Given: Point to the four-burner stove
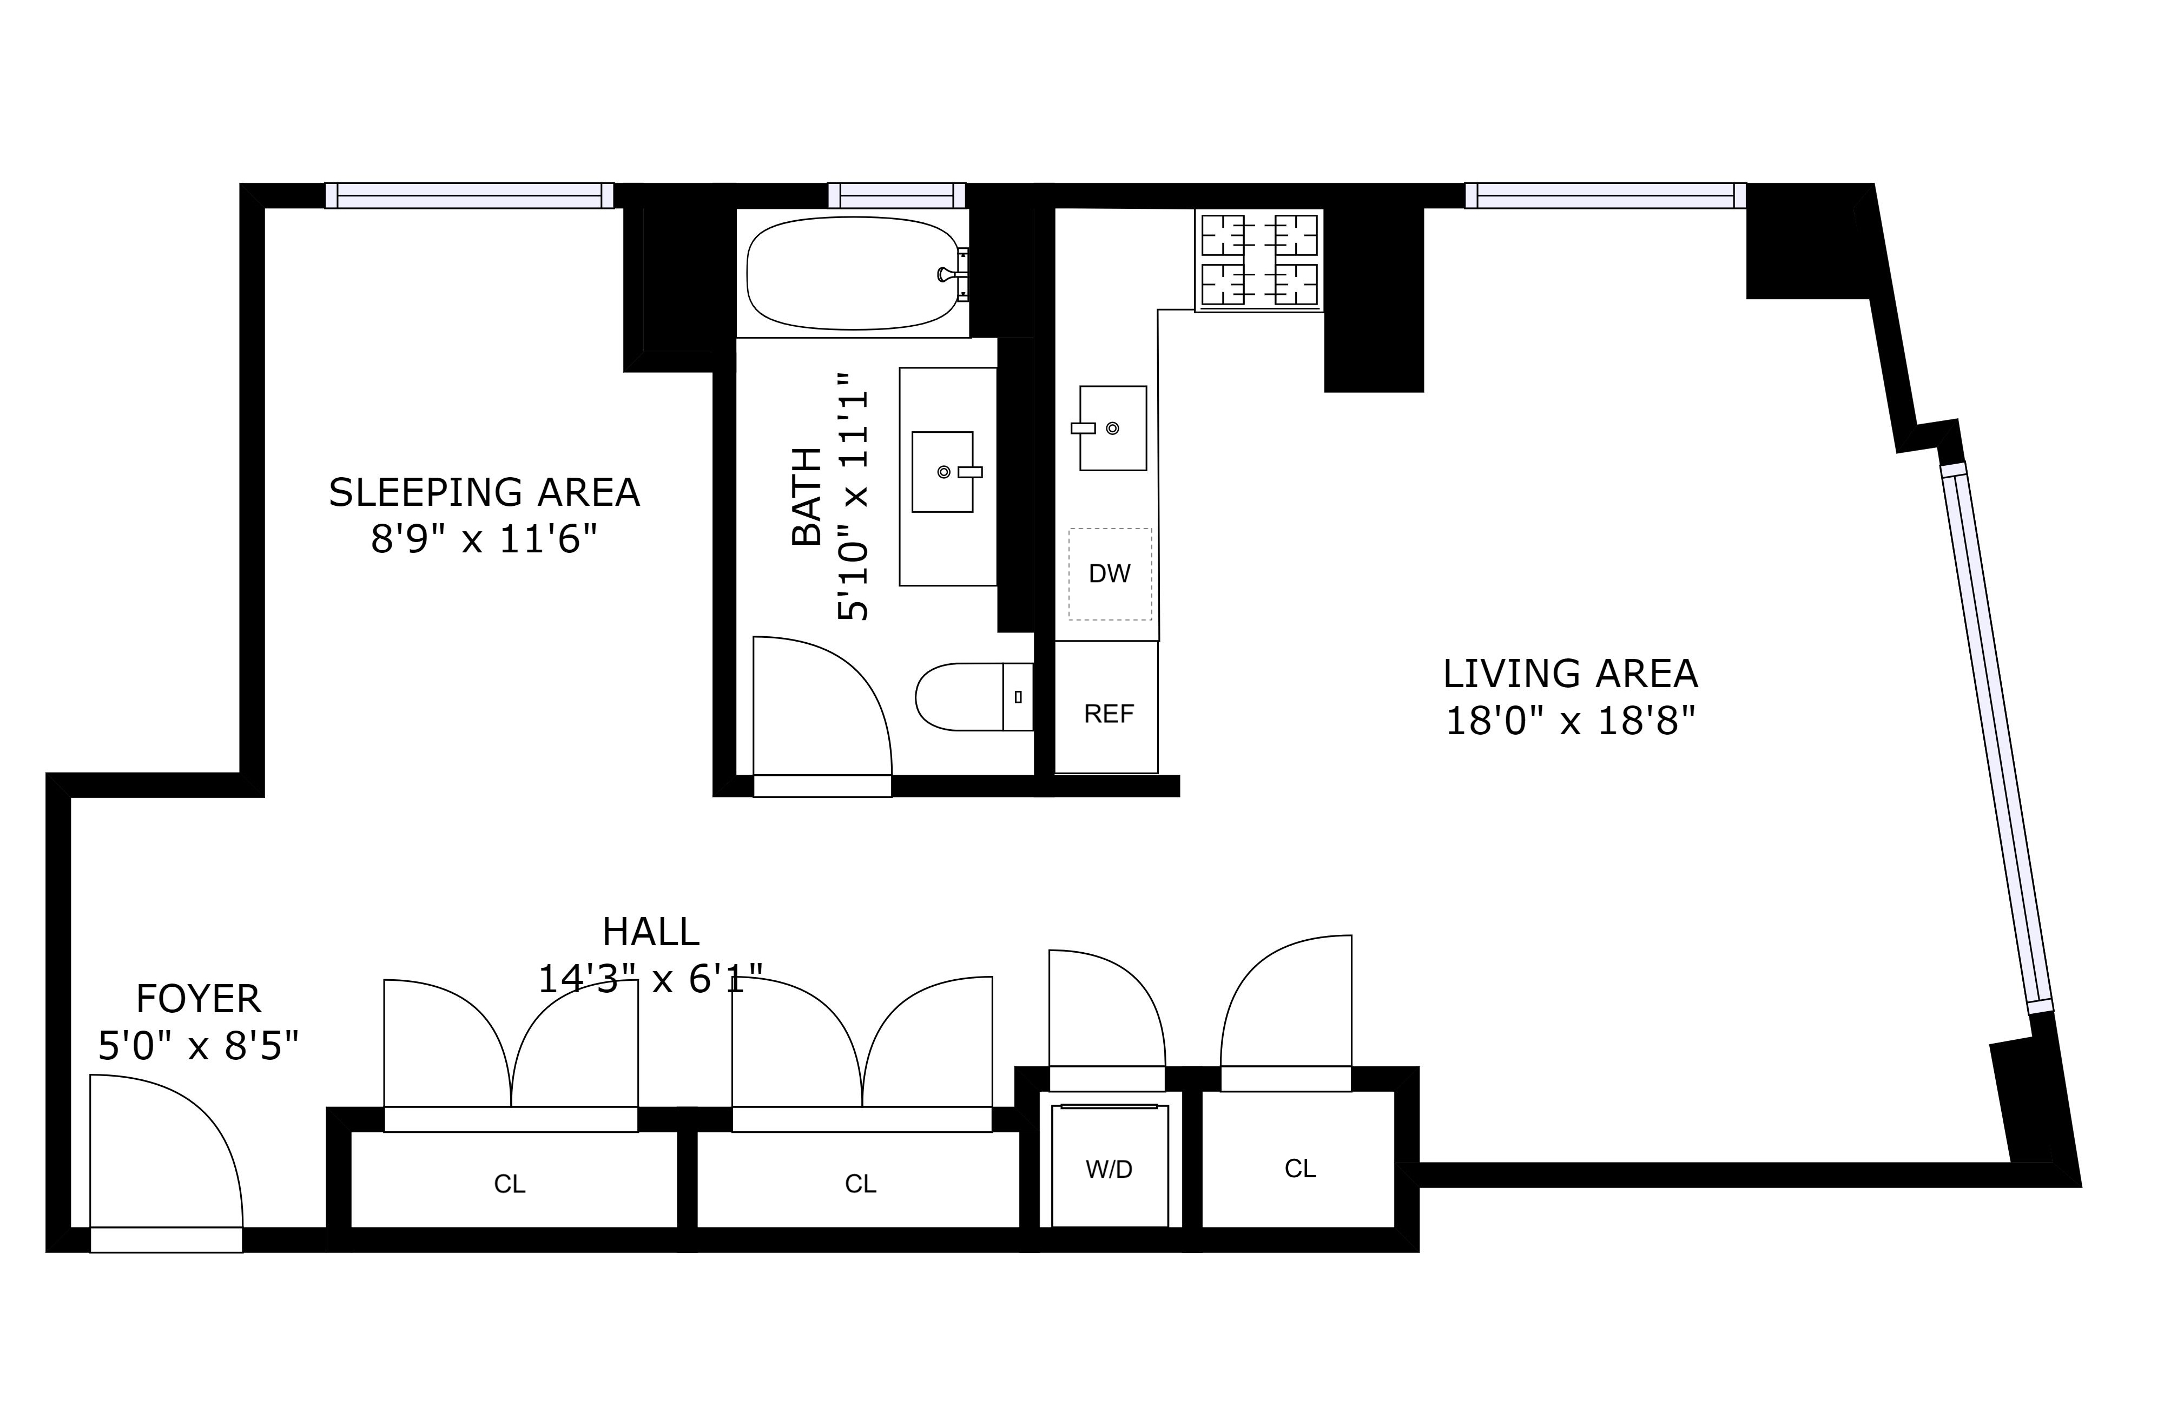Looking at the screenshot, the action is click(x=1259, y=260).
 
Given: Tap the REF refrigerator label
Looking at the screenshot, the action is click(x=1109, y=714).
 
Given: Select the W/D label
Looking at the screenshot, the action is click(x=1109, y=1170).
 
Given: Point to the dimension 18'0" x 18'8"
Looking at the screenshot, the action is click(x=1571, y=722).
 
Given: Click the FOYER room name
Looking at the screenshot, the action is click(x=198, y=999).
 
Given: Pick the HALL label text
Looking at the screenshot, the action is click(x=650, y=932).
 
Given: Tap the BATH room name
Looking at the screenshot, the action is click(x=807, y=497).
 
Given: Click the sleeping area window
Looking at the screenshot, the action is click(x=469, y=195).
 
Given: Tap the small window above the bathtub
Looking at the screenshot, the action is click(x=896, y=195).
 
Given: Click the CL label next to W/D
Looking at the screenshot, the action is click(x=1300, y=1169).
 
